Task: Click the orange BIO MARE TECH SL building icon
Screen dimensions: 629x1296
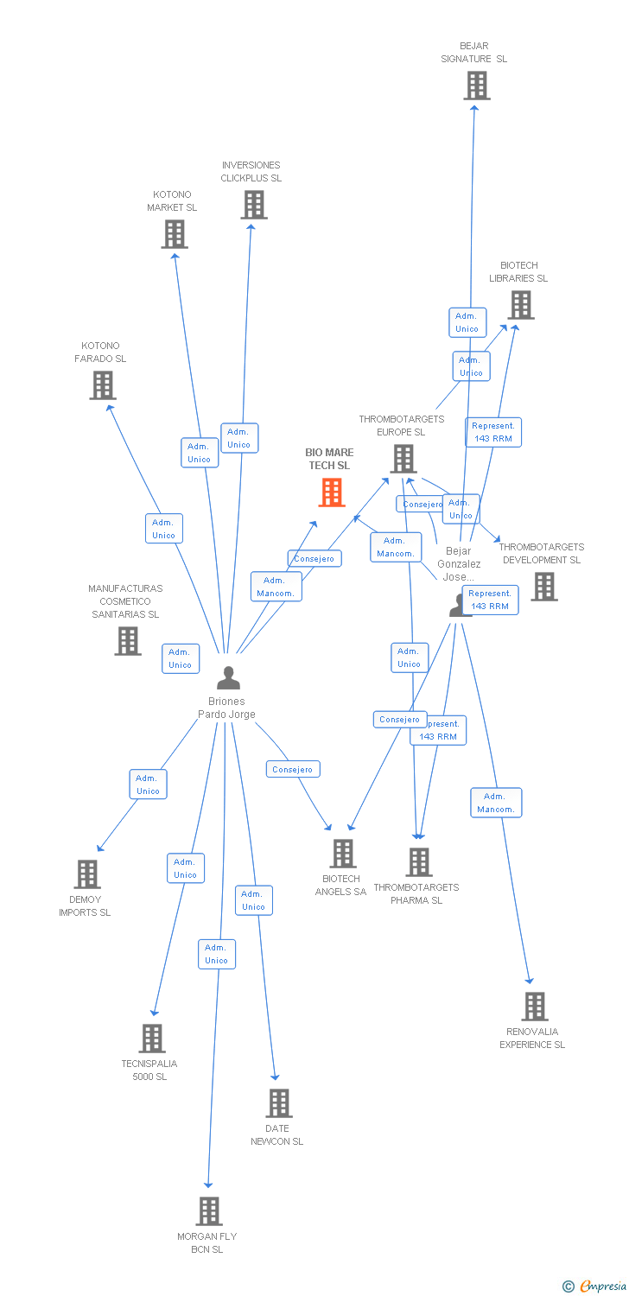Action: point(332,492)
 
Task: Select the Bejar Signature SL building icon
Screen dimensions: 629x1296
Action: point(476,86)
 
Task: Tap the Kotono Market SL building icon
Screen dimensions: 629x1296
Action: point(175,234)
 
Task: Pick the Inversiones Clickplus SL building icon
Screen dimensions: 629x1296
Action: point(253,205)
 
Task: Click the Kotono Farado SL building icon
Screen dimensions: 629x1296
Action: point(102,385)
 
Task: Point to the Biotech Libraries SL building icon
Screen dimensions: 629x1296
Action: point(520,305)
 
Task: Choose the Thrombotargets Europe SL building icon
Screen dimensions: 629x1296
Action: point(403,459)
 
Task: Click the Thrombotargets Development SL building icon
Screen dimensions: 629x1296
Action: point(543,587)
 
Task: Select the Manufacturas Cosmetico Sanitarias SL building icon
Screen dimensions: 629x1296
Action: point(128,640)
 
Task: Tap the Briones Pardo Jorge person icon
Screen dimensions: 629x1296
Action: point(228,678)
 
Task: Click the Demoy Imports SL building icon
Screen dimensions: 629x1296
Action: point(87,874)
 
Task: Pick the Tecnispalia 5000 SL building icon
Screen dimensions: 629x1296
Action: point(152,1039)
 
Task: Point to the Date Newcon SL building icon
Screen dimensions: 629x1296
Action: point(278,1103)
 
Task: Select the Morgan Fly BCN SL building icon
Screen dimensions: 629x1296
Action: point(208,1211)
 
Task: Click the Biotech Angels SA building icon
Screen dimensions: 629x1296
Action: point(342,854)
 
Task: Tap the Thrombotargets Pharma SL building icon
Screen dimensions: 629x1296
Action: point(419,861)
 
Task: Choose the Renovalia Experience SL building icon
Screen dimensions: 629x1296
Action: point(535,1007)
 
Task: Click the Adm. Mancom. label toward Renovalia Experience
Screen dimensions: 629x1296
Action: point(496,803)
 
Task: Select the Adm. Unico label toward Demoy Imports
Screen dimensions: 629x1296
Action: point(148,785)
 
